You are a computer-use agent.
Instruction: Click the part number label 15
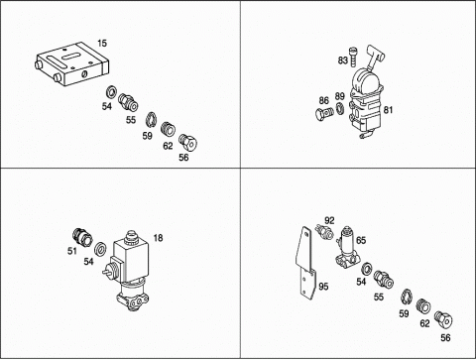(x=102, y=44)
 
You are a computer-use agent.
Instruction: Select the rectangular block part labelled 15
(x=71, y=63)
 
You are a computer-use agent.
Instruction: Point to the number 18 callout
(x=158, y=238)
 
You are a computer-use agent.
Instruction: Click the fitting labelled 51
(x=82, y=238)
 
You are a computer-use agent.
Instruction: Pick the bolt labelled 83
(x=353, y=56)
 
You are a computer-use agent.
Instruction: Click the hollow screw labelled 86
(x=325, y=114)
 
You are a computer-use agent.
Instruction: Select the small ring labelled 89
(x=339, y=108)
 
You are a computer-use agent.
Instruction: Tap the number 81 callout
(x=388, y=110)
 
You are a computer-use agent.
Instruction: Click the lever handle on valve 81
(x=375, y=57)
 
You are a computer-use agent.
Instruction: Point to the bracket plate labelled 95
(x=305, y=263)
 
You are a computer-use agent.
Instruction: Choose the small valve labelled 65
(x=347, y=247)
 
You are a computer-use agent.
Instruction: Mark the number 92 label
(x=329, y=220)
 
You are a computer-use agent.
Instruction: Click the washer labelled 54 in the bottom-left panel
(x=99, y=249)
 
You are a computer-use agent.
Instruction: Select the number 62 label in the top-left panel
(x=168, y=146)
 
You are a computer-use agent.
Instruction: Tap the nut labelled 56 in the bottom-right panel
(x=443, y=319)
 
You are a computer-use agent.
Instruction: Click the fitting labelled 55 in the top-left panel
(x=128, y=102)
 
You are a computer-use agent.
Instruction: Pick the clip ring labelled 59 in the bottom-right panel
(x=406, y=296)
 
